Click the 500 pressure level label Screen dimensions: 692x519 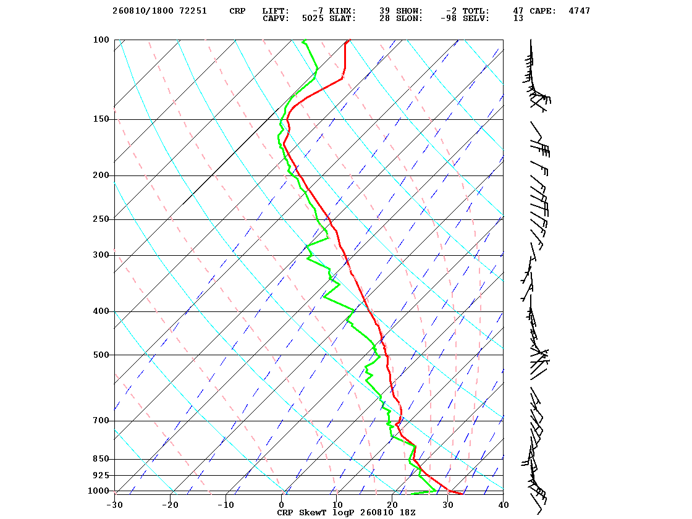[101, 355]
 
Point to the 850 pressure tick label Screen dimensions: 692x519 [101, 459]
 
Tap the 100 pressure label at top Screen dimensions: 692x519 [101, 40]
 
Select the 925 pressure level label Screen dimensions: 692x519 [101, 475]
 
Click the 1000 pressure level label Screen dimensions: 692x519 [98, 491]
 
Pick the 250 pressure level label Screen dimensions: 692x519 [101, 219]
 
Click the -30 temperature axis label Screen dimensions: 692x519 [114, 505]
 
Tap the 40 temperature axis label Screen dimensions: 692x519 [504, 505]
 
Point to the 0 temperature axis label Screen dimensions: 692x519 [282, 505]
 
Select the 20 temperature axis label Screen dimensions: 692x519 [392, 505]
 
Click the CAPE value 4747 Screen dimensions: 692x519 [580, 11]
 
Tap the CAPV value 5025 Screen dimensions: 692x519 [313, 19]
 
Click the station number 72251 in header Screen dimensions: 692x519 [193, 11]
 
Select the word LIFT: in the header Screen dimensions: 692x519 [276, 11]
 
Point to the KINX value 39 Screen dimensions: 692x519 [384, 11]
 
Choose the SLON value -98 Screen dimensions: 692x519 [449, 19]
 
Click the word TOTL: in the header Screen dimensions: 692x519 [476, 11]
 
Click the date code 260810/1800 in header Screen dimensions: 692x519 [143, 11]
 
